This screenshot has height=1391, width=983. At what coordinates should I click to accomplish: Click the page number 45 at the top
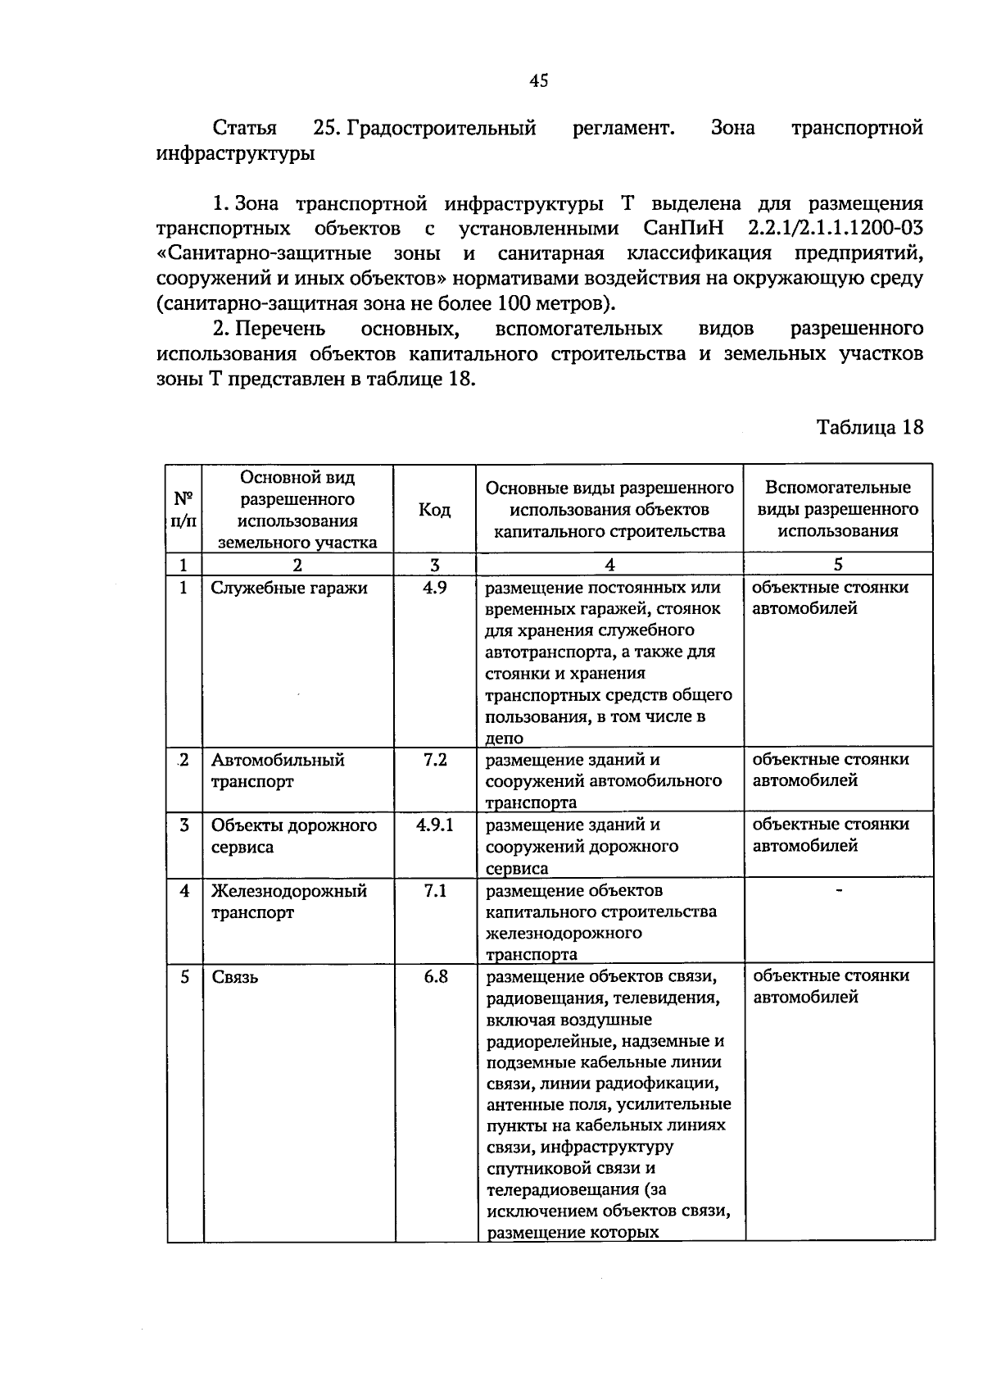538,80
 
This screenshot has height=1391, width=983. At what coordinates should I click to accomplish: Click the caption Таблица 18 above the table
869,428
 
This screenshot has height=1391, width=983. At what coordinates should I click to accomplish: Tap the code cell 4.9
434,588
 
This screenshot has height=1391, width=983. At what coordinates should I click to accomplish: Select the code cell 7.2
435,760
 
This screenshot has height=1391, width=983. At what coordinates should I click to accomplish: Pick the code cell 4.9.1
434,825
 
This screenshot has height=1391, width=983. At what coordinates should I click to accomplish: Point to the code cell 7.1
435,890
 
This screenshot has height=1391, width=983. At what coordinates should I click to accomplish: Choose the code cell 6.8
435,976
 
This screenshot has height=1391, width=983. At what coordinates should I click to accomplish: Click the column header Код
434,511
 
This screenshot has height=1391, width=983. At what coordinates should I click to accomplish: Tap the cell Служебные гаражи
278,589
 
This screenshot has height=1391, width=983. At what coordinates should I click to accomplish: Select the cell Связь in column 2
235,977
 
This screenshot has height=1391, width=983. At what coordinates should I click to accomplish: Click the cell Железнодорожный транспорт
288,901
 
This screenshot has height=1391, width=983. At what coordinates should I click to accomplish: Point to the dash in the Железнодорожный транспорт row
838,890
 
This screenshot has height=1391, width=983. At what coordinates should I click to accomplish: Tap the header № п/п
184,509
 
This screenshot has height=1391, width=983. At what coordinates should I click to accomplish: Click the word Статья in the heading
244,128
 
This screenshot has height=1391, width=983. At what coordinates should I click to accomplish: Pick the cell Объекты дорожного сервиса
293,835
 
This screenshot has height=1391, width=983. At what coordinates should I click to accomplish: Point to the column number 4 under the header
609,564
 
